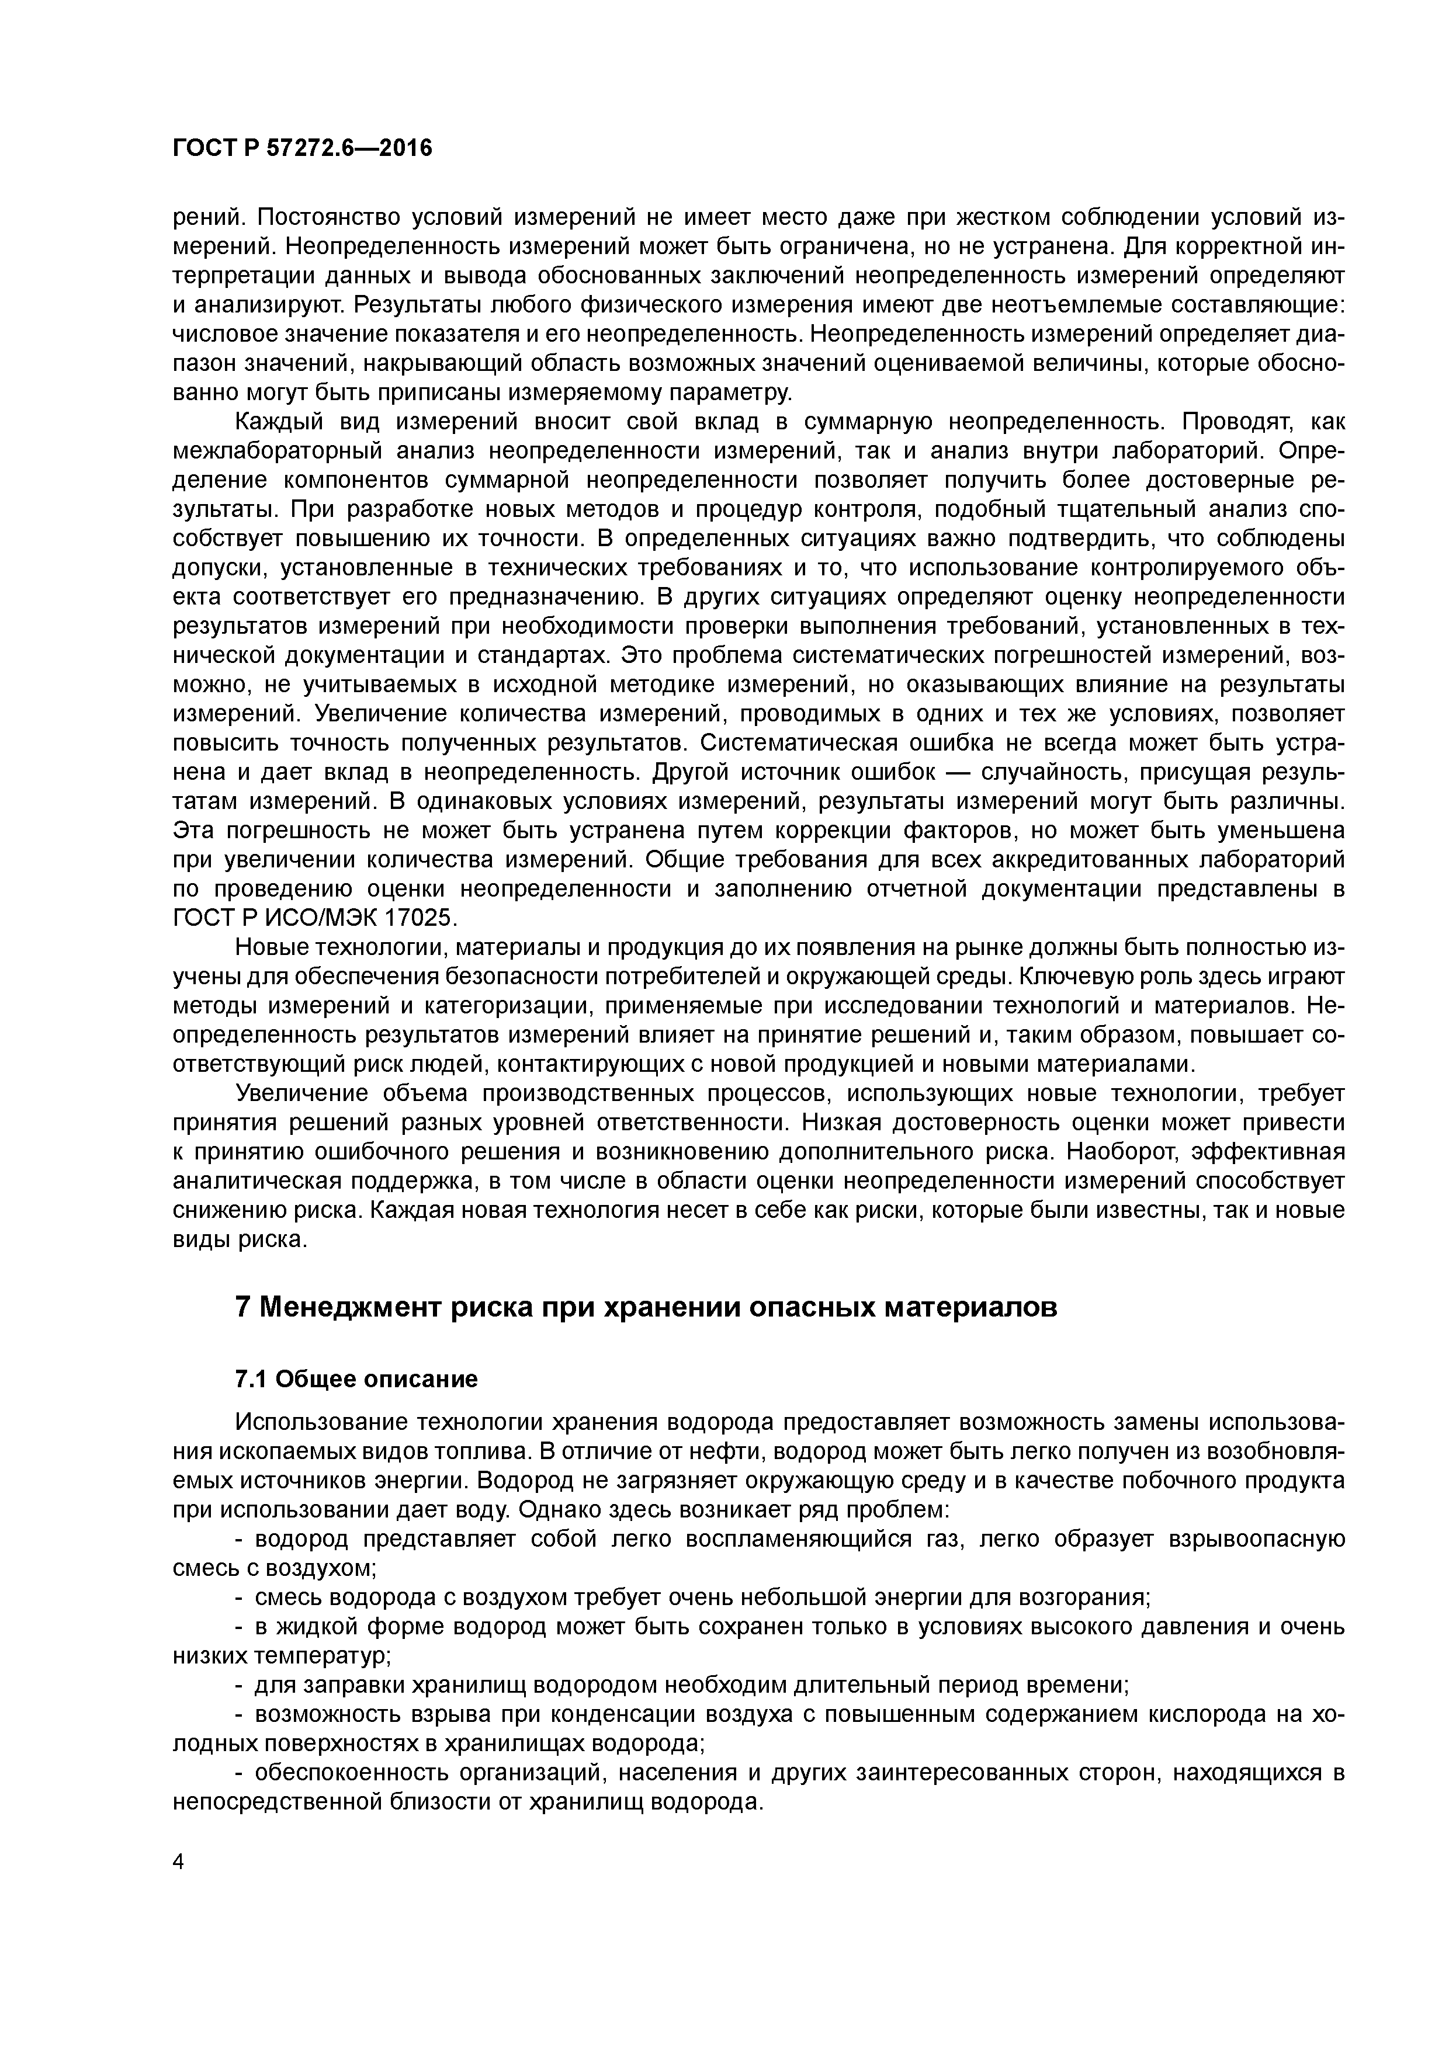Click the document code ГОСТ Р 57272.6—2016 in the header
pos(301,148)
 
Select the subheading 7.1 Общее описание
pos(355,1379)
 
